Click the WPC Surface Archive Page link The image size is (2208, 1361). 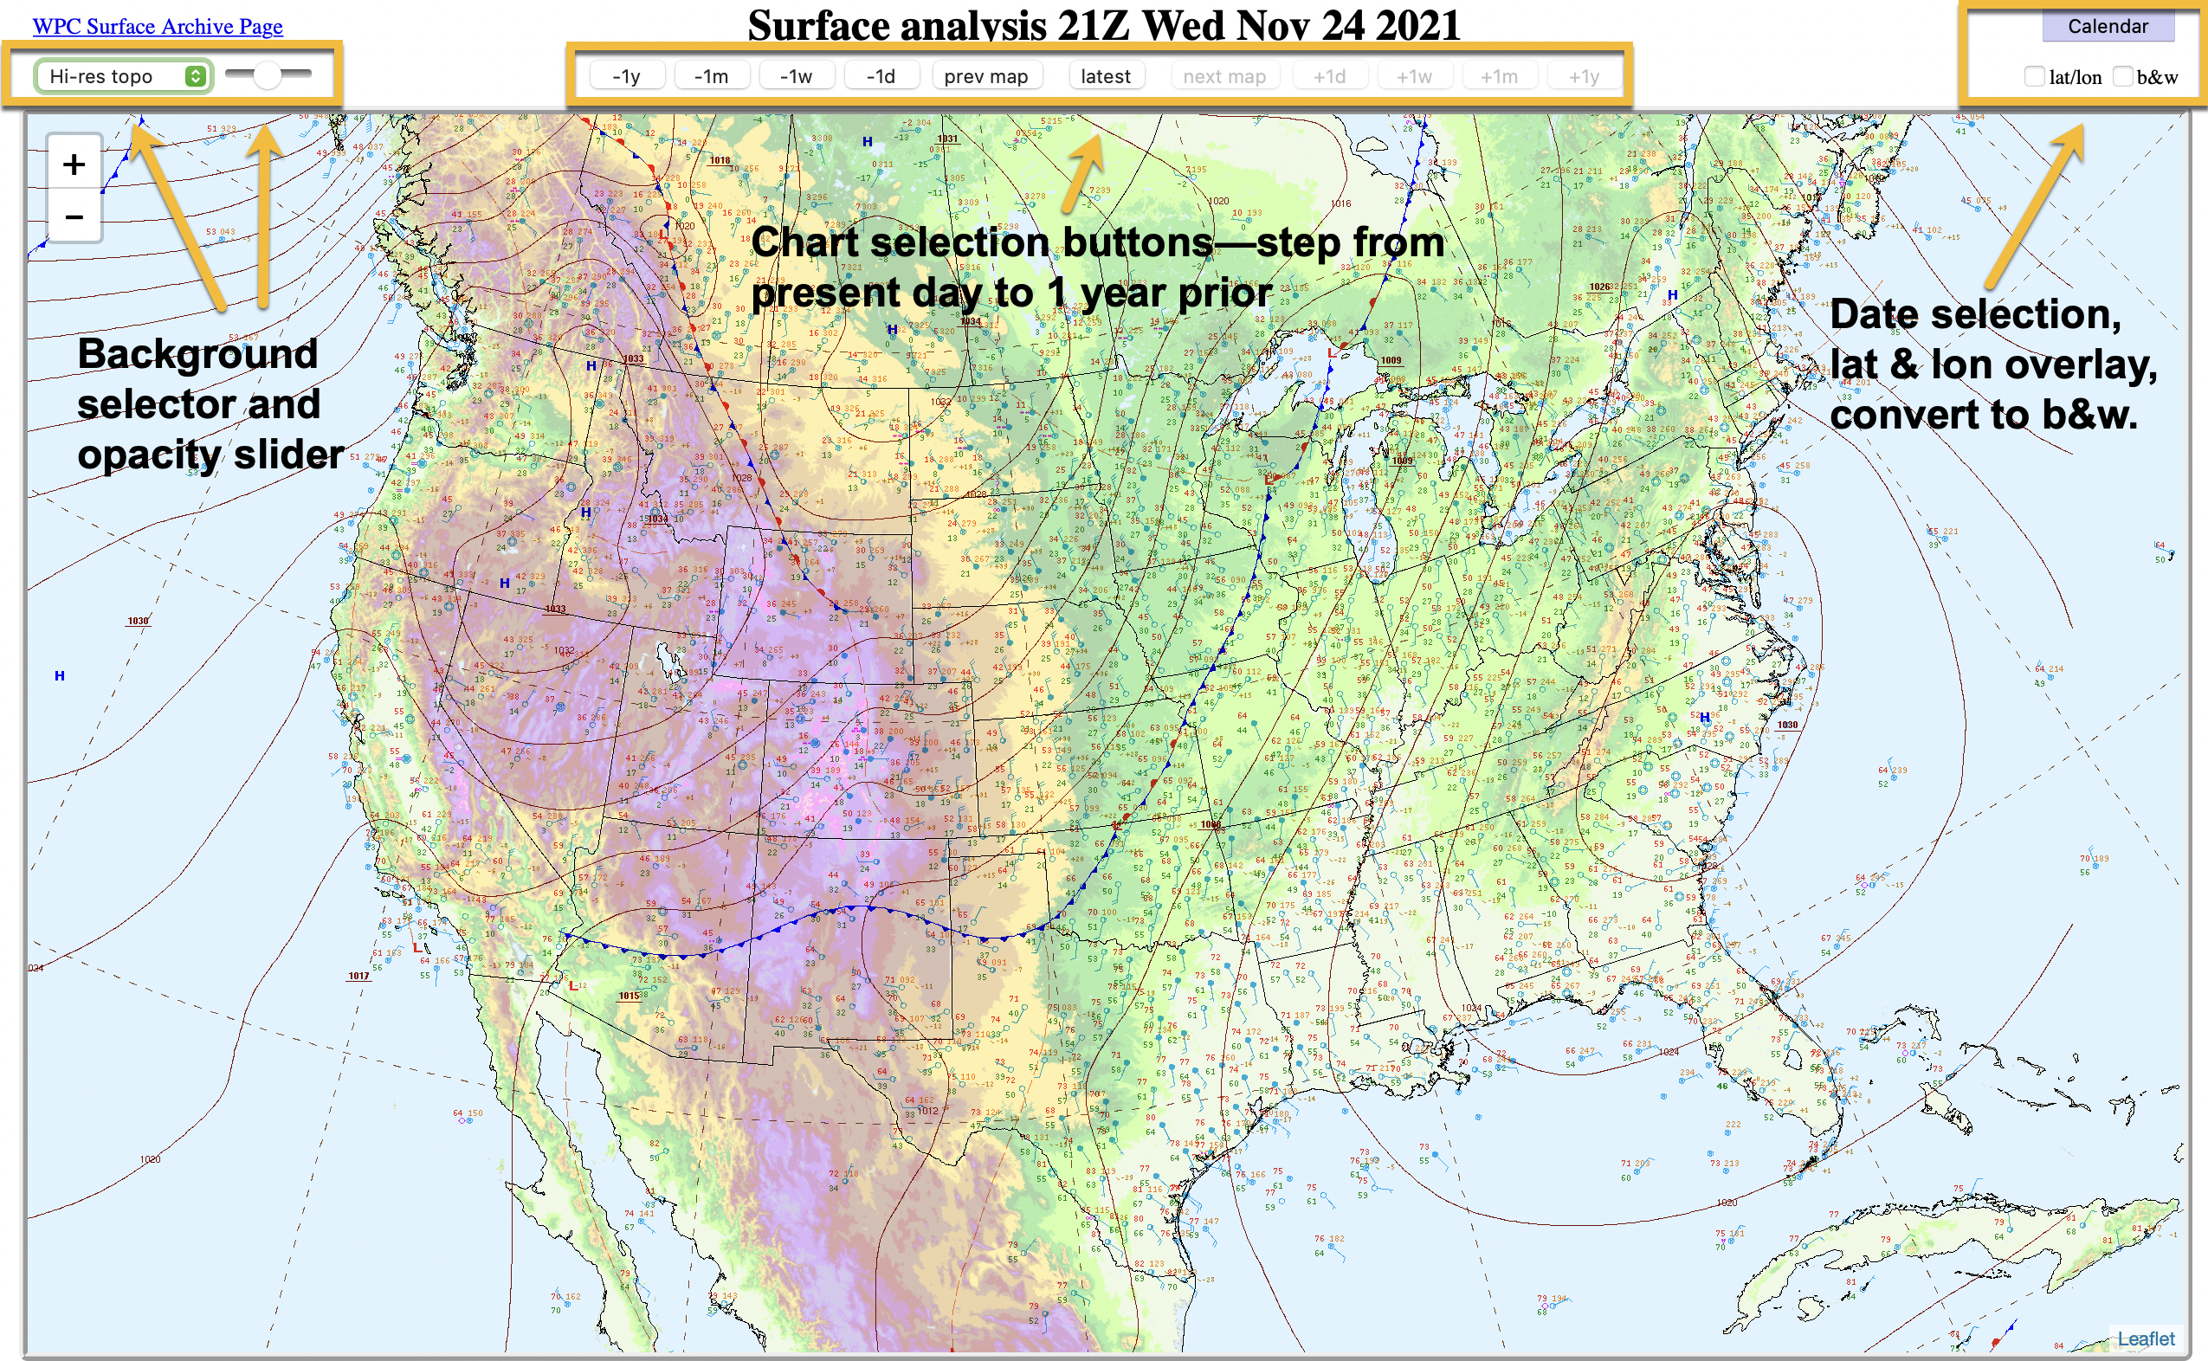pos(158,26)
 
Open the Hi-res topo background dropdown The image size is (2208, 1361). pos(122,76)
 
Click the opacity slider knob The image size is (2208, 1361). pos(268,75)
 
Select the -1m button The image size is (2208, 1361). pos(711,76)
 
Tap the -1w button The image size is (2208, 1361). pos(796,76)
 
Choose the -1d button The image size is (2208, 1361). pos(881,76)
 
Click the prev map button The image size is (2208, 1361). pos(985,76)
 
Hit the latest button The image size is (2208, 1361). pos(1106,76)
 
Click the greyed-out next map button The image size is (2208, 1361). pos(1224,76)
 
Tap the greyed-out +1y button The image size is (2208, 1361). pos(1585,76)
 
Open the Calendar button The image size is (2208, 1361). pos(2108,26)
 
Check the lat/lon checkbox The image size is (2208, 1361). pos(2034,76)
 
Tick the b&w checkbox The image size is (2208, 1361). pos(2122,76)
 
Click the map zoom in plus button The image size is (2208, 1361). pos(74,164)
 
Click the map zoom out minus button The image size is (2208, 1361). pos(74,217)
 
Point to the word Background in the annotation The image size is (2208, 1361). pos(198,354)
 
